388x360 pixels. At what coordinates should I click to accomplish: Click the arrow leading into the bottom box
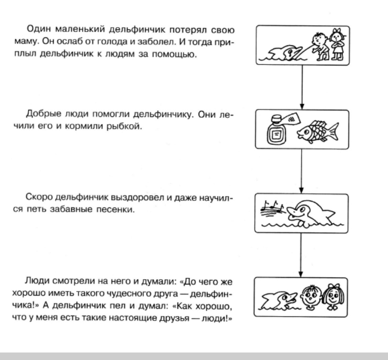click(301, 255)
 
